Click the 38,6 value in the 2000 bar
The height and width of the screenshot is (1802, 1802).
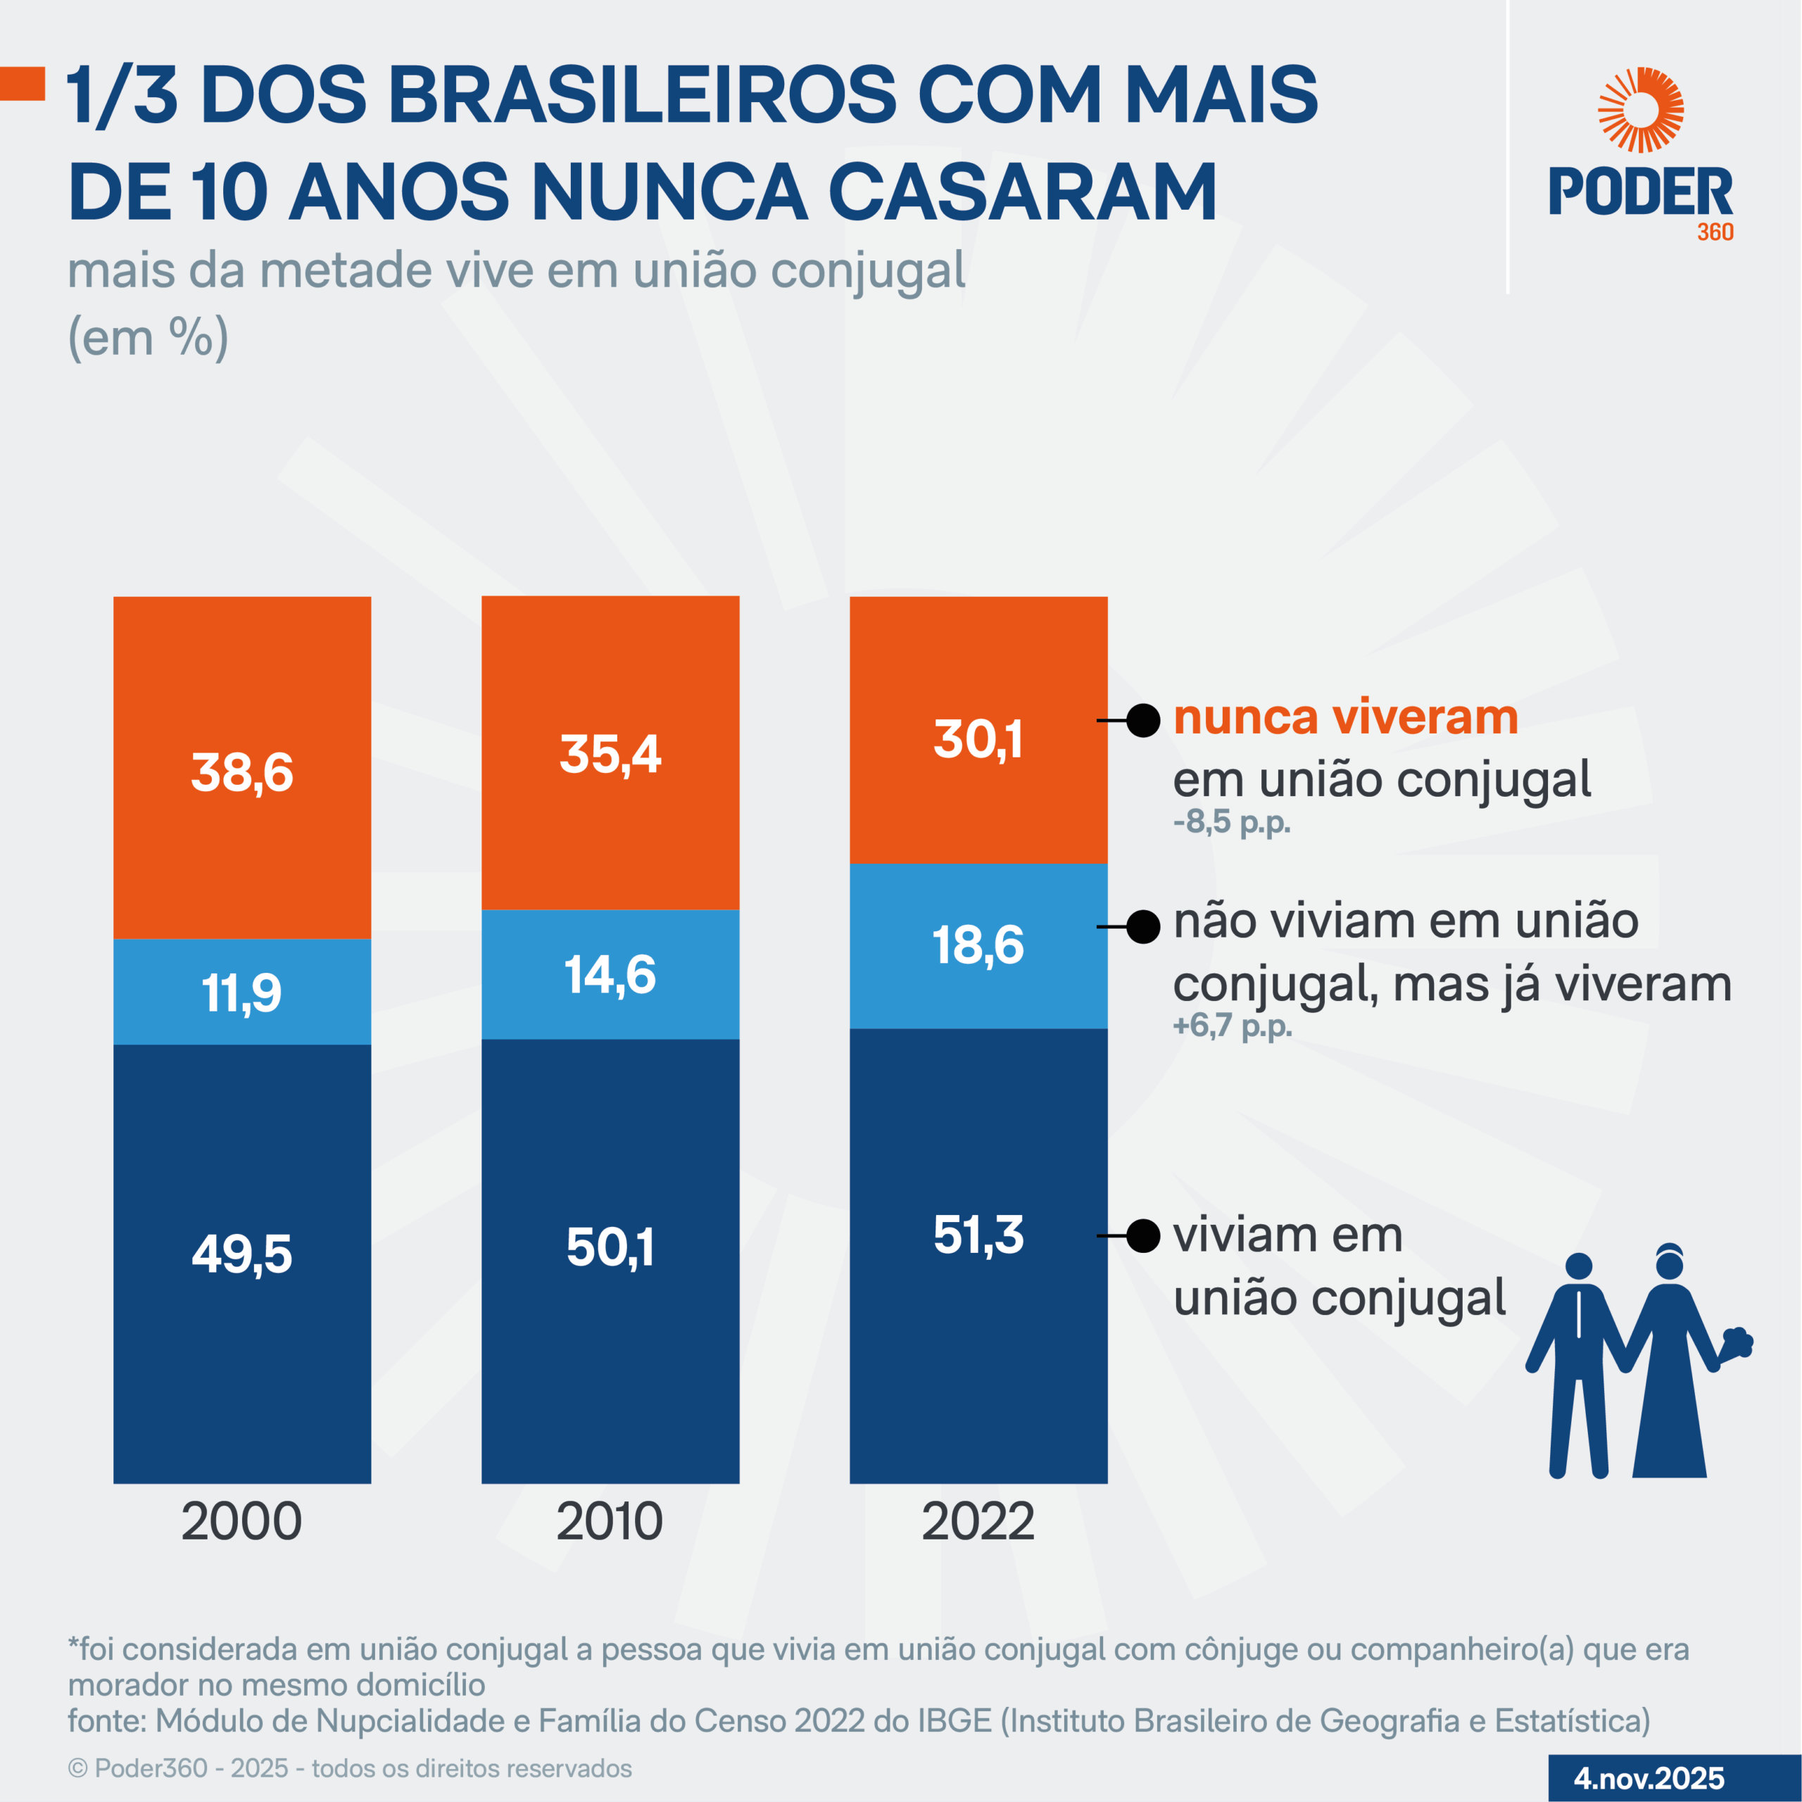(x=241, y=772)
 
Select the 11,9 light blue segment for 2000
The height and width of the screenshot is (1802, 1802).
(x=241, y=993)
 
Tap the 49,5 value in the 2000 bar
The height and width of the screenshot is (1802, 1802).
(x=241, y=1254)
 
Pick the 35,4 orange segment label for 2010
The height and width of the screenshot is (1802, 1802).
(x=610, y=754)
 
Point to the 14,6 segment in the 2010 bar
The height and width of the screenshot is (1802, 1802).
(x=610, y=975)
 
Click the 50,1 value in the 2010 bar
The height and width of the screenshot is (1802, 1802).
(x=610, y=1247)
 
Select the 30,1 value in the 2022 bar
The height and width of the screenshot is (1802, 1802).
(x=978, y=740)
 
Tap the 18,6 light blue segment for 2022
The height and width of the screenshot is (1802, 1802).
(x=978, y=945)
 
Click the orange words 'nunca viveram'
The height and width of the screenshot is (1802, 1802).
(x=1345, y=717)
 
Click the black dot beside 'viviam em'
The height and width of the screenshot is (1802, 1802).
(x=1142, y=1236)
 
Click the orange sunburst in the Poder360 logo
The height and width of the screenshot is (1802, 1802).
(x=1641, y=110)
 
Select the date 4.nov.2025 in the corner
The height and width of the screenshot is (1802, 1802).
(x=1649, y=1778)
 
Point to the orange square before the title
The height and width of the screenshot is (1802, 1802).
(x=23, y=83)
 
